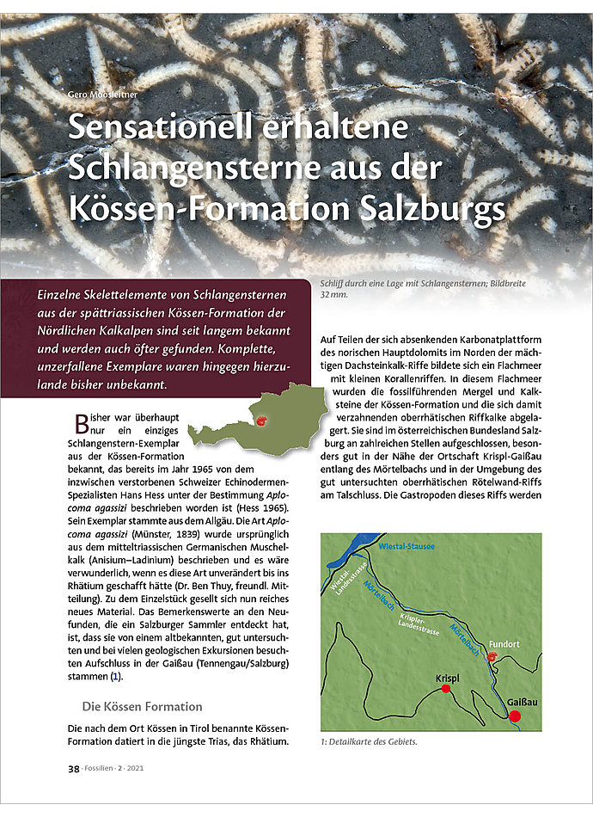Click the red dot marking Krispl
446,689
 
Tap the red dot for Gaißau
515,716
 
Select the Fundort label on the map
504,643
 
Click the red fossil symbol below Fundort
492,657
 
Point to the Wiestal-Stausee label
406,546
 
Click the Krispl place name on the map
447,677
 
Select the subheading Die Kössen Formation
142,707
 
